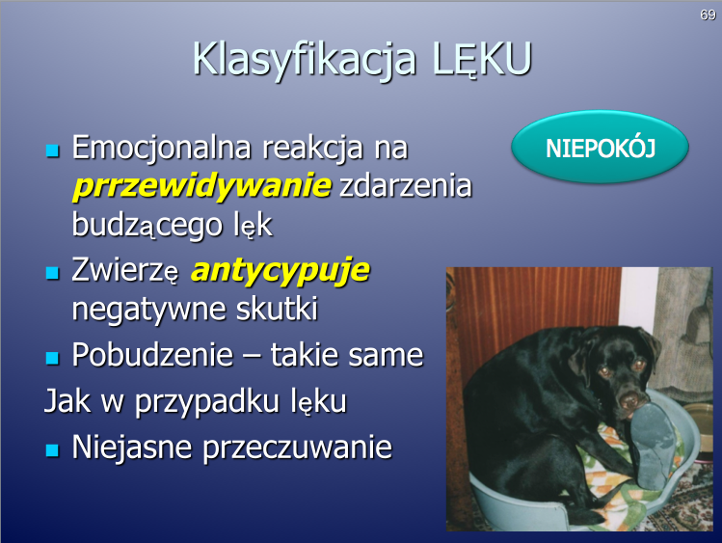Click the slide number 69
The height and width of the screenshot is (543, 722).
tap(708, 15)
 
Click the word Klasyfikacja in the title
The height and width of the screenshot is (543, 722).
tap(304, 60)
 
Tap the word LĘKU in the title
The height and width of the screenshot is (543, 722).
tap(482, 60)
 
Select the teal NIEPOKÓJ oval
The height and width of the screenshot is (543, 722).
tap(600, 147)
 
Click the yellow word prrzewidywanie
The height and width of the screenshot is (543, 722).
tap(202, 186)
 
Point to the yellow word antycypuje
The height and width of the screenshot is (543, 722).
tap(281, 270)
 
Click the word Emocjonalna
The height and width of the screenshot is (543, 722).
tap(162, 149)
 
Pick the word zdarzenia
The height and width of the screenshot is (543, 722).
tap(406, 185)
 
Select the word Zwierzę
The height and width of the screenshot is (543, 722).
tap(124, 270)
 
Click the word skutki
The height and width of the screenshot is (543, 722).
tap(277, 308)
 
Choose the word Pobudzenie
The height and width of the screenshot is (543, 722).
tap(152, 355)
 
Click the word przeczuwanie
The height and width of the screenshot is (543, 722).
tap(298, 448)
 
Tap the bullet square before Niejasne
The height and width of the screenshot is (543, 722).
tap(52, 450)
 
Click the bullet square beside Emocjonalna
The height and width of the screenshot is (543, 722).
tap(52, 151)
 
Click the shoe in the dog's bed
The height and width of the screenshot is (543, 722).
tap(652, 446)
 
